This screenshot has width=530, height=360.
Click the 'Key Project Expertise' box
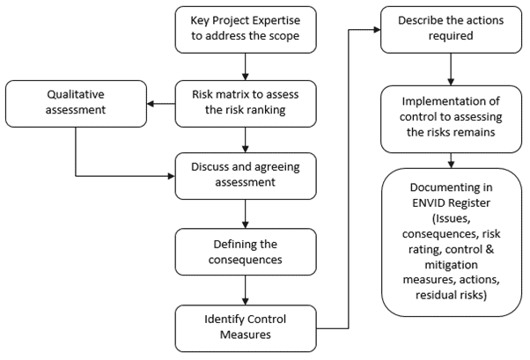click(x=246, y=30)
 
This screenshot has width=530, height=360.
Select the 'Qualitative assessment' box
click(x=76, y=104)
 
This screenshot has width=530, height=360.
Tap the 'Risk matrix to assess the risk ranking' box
click(x=246, y=104)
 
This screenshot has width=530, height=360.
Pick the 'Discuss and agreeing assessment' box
click(x=246, y=176)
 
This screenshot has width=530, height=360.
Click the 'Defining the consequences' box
click(x=246, y=252)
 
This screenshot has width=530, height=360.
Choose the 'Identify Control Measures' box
click(x=246, y=328)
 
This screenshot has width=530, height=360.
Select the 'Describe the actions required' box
click(x=452, y=30)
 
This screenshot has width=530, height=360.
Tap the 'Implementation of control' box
click(x=452, y=120)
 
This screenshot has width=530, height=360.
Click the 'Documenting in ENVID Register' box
click(x=452, y=242)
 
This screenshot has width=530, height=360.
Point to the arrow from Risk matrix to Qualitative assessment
click(x=161, y=104)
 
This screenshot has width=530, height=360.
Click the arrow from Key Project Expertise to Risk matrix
click(x=246, y=67)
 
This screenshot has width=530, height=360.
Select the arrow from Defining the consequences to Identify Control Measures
click(x=246, y=290)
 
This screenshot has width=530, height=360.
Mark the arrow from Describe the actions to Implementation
click(x=451, y=70)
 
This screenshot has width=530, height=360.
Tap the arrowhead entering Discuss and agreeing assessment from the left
click(x=172, y=176)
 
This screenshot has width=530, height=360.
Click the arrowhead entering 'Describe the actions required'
click(x=377, y=30)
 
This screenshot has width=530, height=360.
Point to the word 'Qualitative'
click(x=76, y=95)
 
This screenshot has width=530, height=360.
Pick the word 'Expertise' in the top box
click(x=276, y=20)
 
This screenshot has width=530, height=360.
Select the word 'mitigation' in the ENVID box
click(x=452, y=265)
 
